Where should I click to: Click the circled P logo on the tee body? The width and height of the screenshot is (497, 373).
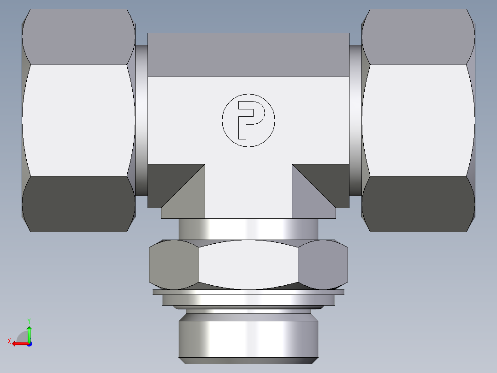(248, 120)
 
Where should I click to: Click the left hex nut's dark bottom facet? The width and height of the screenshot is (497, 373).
(79, 204)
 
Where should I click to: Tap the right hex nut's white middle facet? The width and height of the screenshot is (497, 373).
(418, 120)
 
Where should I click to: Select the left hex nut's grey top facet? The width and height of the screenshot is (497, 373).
(79, 36)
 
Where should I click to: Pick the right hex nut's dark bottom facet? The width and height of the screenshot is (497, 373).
(418, 204)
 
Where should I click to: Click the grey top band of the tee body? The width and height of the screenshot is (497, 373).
(248, 54)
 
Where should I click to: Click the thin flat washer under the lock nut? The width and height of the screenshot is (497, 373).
(248, 292)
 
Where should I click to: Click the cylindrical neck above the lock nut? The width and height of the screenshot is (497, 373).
(248, 229)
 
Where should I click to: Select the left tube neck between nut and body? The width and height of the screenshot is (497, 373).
(142, 120)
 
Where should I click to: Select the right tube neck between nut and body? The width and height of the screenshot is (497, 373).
(355, 120)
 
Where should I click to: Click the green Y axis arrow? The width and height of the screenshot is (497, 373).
(29, 331)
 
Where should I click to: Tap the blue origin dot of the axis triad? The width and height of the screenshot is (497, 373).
(29, 344)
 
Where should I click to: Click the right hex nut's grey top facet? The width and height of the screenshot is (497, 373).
(418, 36)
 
